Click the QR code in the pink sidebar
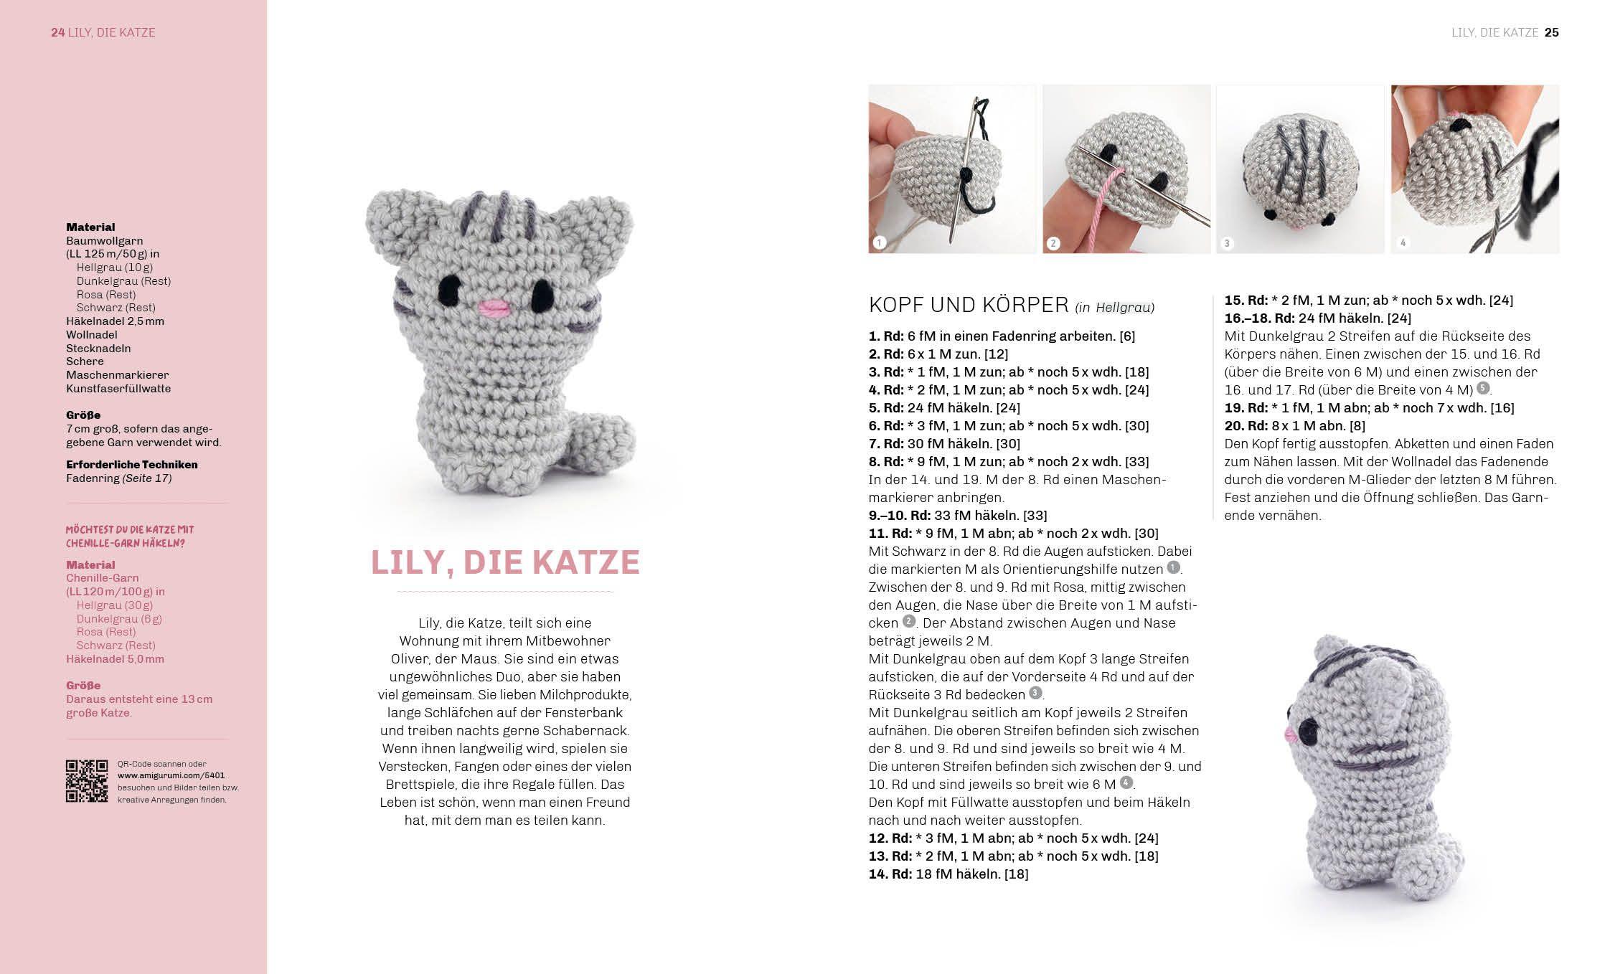[x=87, y=781]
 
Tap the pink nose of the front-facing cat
[x=494, y=309]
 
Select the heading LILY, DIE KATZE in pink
[x=505, y=562]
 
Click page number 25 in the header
[x=1551, y=32]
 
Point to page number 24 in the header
[x=57, y=32]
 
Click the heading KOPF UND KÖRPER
[x=969, y=305]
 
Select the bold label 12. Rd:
[x=890, y=838]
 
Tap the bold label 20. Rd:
[x=1246, y=425]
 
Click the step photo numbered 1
[x=952, y=169]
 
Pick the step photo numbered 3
[x=1300, y=169]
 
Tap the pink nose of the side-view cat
[x=1286, y=733]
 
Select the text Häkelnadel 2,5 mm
[x=115, y=321]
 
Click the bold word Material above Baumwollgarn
[x=90, y=227]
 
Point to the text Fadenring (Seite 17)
[x=118, y=478]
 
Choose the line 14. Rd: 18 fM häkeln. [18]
[x=948, y=874]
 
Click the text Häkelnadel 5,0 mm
[x=115, y=659]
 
